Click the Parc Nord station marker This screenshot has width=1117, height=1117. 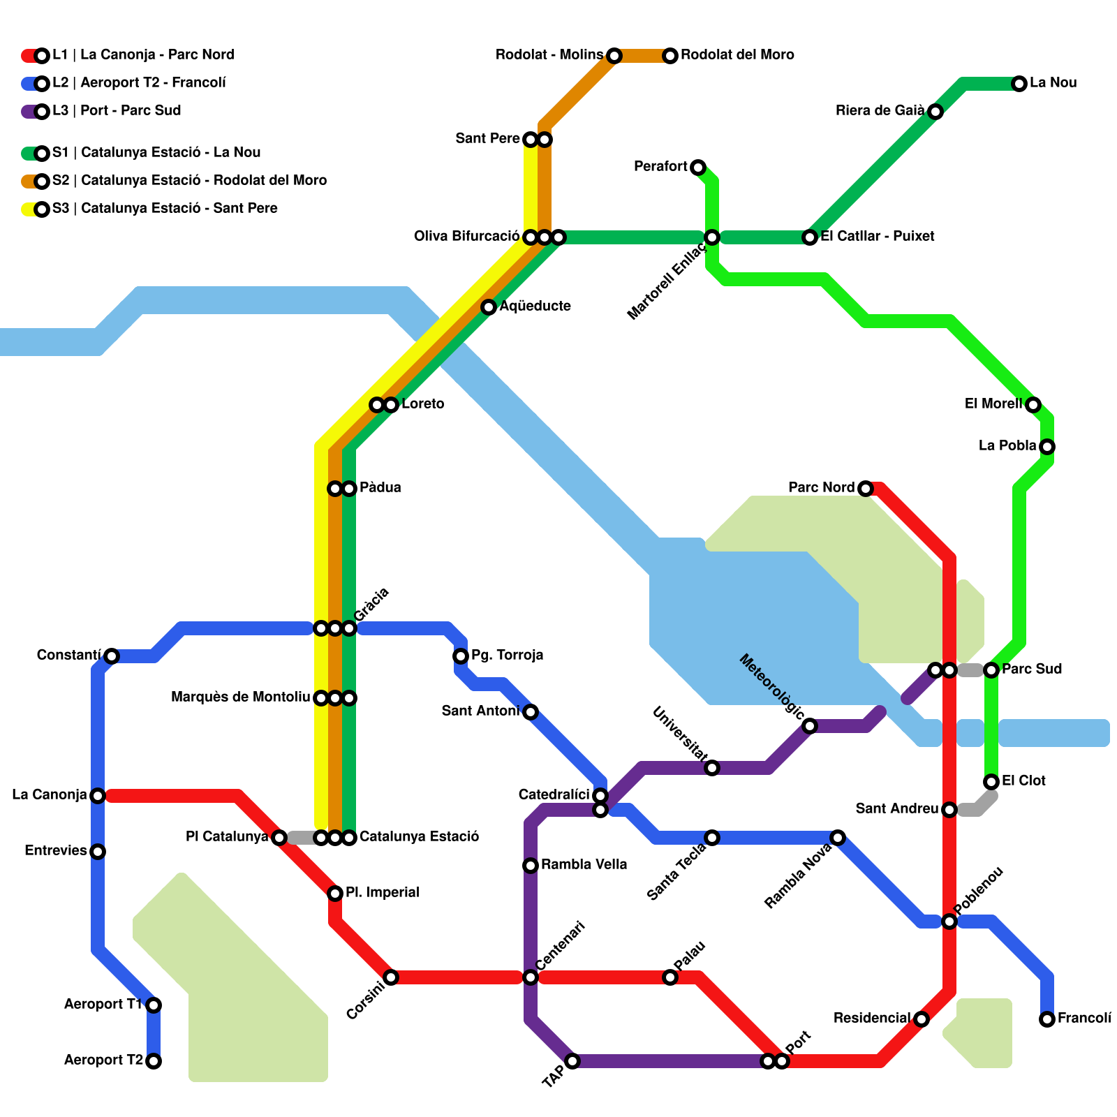pyautogui.click(x=866, y=489)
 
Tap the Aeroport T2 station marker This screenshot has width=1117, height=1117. pyautogui.click(x=154, y=1061)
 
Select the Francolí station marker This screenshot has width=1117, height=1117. pyautogui.click(x=1046, y=1019)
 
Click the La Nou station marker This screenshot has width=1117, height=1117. pyautogui.click(x=1019, y=84)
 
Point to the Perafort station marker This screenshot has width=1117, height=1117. pyautogui.click(x=698, y=168)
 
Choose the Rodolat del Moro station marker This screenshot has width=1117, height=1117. pyautogui.click(x=670, y=56)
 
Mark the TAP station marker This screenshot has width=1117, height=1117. pyautogui.click(x=572, y=1061)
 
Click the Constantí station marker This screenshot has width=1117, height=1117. pyautogui.click(x=112, y=656)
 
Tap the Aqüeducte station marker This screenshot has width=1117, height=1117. pyautogui.click(x=489, y=307)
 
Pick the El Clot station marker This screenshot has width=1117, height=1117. pyautogui.click(x=991, y=782)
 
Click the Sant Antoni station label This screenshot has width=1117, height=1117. pyautogui.click(x=480, y=711)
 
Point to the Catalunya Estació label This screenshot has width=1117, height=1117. pyautogui.click(x=419, y=837)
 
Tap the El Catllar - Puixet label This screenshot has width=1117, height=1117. pyautogui.click(x=877, y=237)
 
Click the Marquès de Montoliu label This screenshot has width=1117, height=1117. pyautogui.click(x=240, y=697)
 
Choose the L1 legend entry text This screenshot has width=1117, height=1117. pyautogui.click(x=143, y=55)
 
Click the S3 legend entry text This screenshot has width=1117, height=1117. pyautogui.click(x=165, y=209)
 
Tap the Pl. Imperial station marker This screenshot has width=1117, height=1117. pyautogui.click(x=335, y=894)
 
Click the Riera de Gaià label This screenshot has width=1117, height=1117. pyautogui.click(x=880, y=111)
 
